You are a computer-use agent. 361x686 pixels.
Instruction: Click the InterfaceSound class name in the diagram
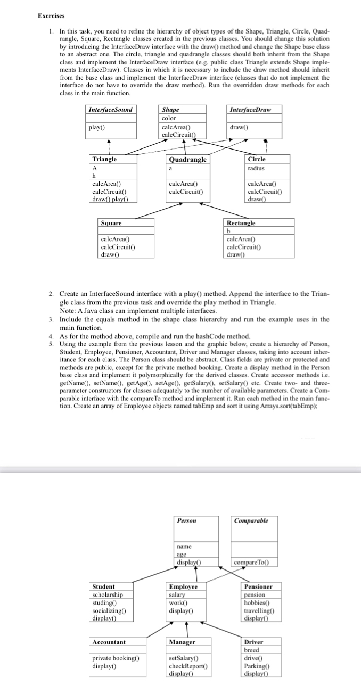coord(110,110)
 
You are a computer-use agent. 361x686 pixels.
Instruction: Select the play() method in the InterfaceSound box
coord(96,128)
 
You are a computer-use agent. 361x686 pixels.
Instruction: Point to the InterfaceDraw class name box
coord(249,110)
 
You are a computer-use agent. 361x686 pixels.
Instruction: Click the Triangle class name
coord(104,159)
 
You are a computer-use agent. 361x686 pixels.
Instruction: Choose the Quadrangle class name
coord(187,160)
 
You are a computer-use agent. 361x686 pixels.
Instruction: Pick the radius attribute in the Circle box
coord(257,168)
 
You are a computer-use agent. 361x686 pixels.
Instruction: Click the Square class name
coord(111,223)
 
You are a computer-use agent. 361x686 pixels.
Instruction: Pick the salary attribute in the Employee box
coord(177,594)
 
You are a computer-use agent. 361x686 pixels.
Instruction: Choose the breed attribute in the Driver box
coord(251,650)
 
